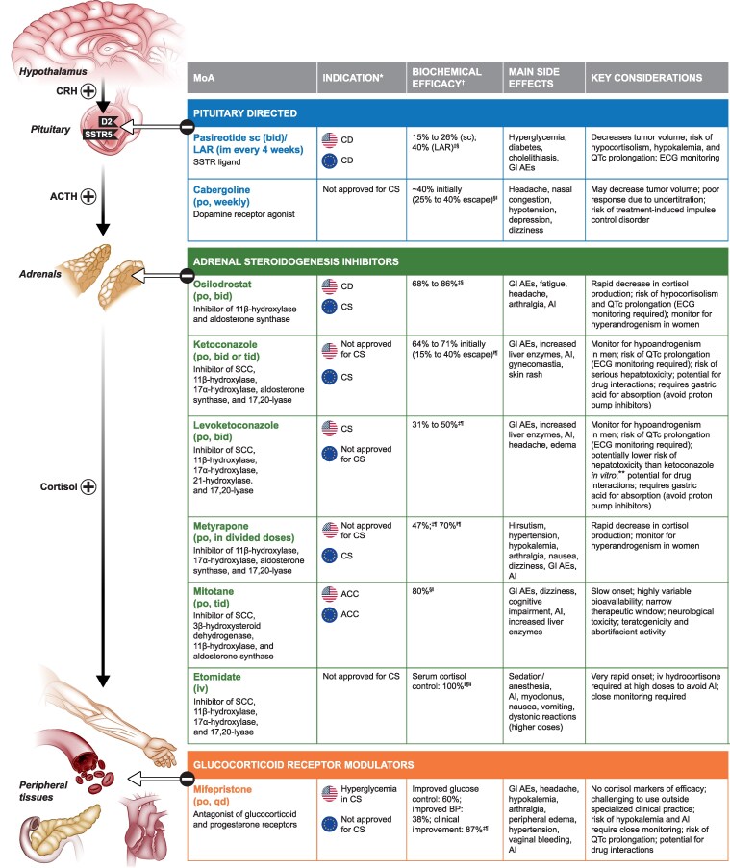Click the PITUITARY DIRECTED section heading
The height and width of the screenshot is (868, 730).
(x=255, y=112)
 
